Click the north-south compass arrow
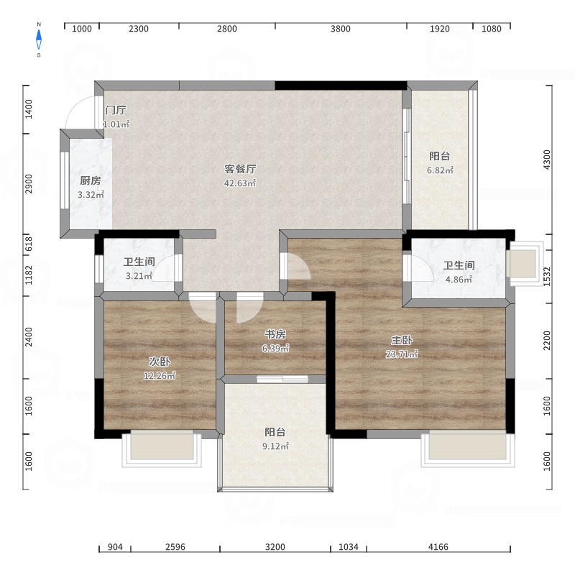tap(39, 40)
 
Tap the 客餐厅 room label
tap(240, 169)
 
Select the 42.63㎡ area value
tap(240, 183)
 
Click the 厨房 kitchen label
tap(91, 180)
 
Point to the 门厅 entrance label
tap(116, 110)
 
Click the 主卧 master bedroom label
tap(402, 340)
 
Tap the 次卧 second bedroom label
tap(159, 362)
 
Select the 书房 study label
tap(275, 334)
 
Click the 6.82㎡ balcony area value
tap(440, 170)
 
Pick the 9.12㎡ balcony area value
tap(275, 446)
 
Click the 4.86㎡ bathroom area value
tap(459, 280)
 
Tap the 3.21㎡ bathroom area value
tap(139, 276)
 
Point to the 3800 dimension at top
tap(340, 29)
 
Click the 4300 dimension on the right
tap(547, 160)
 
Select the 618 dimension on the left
tap(29, 244)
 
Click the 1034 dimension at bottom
tap(349, 547)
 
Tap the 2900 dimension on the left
tap(29, 184)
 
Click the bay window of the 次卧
tap(162, 449)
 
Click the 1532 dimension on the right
tap(547, 277)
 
